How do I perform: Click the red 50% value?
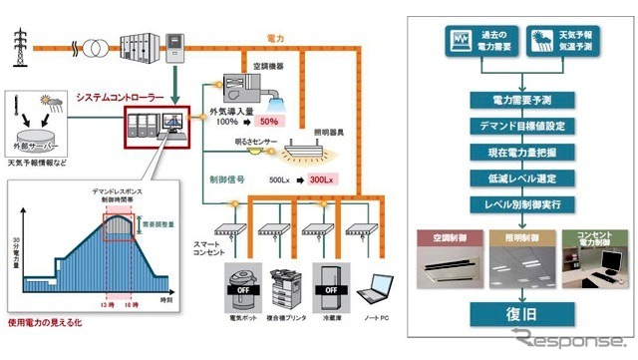click(268, 122)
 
